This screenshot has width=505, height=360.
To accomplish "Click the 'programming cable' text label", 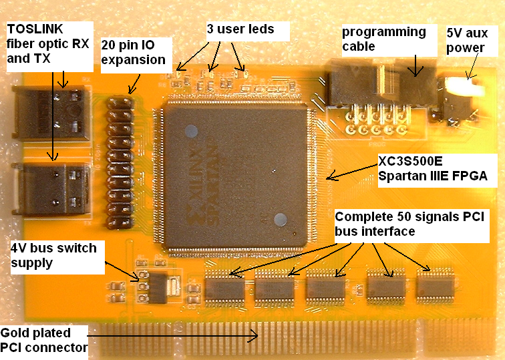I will point(383,39).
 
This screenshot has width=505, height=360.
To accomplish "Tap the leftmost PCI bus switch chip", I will point(224,288).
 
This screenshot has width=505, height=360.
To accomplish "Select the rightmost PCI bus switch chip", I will point(436,288).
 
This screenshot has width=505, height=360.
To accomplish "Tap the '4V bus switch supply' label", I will point(53,256).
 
